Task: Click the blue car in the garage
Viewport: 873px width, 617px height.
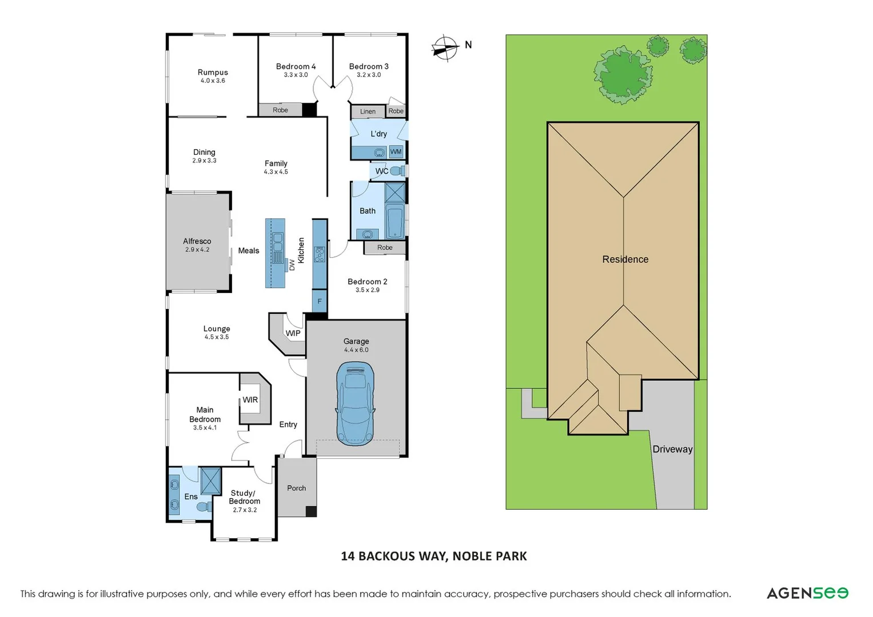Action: pos(356,403)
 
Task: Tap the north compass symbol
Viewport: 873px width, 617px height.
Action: pos(445,48)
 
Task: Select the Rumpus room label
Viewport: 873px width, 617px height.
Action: pos(213,73)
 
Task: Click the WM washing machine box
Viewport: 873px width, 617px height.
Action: pos(396,152)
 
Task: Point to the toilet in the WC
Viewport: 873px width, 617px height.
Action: pos(398,171)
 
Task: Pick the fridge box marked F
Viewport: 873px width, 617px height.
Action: pos(320,301)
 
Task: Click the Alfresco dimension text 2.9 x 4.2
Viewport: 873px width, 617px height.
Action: pos(197,250)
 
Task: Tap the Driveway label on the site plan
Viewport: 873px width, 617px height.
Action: pos(672,449)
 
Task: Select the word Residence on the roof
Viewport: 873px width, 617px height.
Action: pos(625,259)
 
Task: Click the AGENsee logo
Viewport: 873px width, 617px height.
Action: pos(807,593)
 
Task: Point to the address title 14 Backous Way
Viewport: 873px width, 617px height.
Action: pos(433,556)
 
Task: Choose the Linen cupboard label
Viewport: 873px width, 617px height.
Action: pos(368,111)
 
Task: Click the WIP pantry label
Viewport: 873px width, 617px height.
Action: pos(293,333)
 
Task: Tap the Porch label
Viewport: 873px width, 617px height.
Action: pos(296,488)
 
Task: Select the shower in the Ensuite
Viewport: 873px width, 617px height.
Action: pos(210,480)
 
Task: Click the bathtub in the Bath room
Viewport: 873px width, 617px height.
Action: pos(395,222)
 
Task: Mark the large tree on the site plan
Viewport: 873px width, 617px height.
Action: pos(623,75)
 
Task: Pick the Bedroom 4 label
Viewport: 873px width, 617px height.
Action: pos(296,67)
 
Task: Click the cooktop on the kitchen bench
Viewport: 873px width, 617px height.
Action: pos(320,254)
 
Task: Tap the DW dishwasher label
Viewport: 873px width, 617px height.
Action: pos(292,265)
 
